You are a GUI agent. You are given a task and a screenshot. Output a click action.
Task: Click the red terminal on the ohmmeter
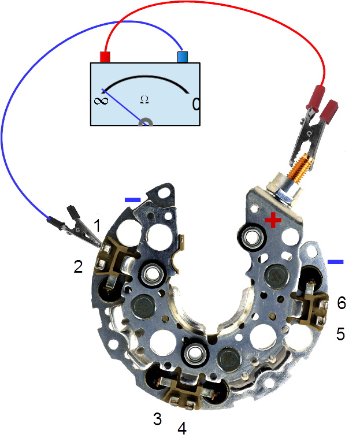click(105, 57)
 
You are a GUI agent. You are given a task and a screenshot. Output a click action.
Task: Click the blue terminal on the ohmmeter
click(183, 57)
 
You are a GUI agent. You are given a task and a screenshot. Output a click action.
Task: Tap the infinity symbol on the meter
click(101, 101)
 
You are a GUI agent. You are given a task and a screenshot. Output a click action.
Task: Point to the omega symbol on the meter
click(144, 99)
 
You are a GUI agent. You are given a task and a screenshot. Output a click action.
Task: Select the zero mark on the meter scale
click(196, 105)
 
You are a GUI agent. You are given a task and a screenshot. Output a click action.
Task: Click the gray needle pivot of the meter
click(146, 122)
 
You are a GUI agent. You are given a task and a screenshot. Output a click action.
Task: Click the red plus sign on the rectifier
click(273, 220)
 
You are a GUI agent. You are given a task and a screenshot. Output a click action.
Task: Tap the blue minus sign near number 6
click(336, 262)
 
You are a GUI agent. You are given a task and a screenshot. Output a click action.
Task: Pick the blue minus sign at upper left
click(132, 200)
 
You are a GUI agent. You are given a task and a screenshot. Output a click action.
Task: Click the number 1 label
click(97, 226)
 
